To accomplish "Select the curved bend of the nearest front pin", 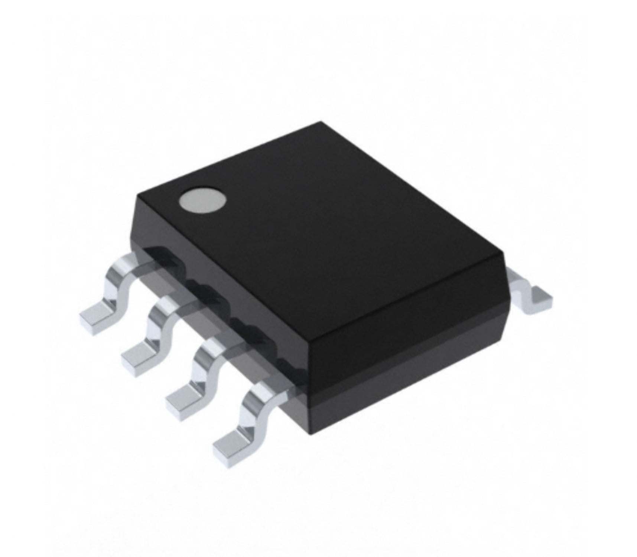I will tap(254, 405).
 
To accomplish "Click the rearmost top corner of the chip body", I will tap(320, 122).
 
